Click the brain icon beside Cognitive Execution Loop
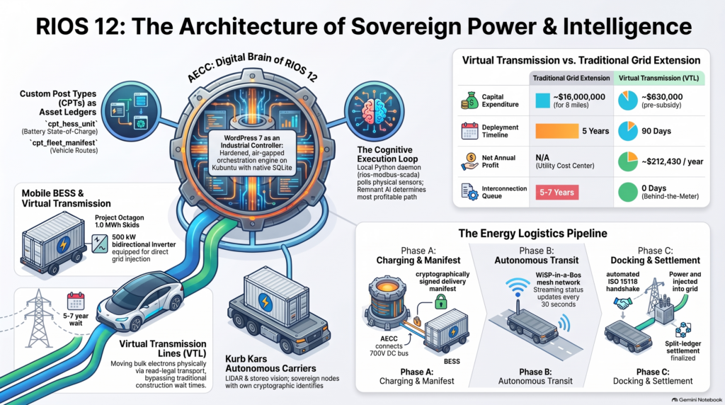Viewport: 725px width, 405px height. click(x=374, y=111)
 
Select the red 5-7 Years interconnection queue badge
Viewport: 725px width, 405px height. click(x=556, y=193)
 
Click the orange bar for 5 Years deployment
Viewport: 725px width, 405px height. click(x=556, y=131)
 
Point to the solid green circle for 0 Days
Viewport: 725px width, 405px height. click(x=628, y=192)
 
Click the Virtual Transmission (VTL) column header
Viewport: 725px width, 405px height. click(x=659, y=78)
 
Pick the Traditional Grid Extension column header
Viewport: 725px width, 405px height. click(x=571, y=78)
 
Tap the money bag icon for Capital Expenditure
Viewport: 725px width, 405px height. click(x=470, y=101)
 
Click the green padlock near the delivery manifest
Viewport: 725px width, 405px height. click(x=440, y=303)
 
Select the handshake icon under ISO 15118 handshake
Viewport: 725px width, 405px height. click(x=623, y=303)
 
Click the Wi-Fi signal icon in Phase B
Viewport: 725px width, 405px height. click(x=518, y=287)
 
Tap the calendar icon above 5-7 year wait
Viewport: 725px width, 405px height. click(x=75, y=301)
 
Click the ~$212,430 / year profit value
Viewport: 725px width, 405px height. click(x=673, y=162)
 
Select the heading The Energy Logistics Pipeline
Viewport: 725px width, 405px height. click(x=532, y=234)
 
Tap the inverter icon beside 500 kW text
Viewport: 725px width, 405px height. click(x=100, y=244)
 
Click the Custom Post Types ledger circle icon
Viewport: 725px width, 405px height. click(x=131, y=111)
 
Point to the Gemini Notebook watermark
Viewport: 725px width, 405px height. click(x=697, y=399)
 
